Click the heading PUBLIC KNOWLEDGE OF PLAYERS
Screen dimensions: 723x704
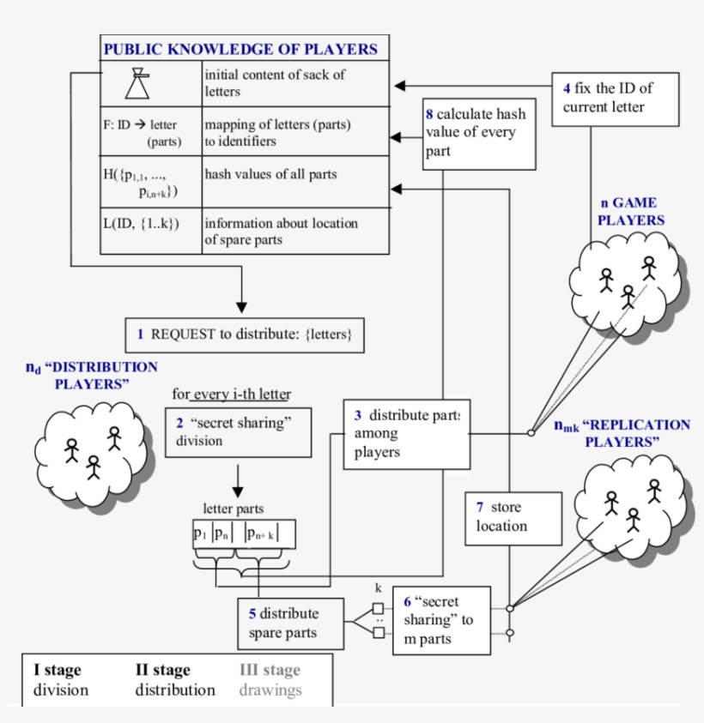[x=240, y=49]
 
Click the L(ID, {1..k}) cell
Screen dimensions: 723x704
[x=140, y=225]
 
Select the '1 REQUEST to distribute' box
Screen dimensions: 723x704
[x=245, y=334]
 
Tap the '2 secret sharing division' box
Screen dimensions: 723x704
[x=237, y=431]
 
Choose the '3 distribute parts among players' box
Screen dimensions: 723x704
[x=406, y=433]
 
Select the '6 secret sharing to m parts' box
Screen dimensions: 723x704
[x=440, y=620]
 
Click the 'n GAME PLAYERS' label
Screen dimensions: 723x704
[x=631, y=212]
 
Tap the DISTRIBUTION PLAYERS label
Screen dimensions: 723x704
[x=92, y=376]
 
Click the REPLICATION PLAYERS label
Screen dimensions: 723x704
[x=622, y=433]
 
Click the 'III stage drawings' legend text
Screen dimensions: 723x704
[x=270, y=680]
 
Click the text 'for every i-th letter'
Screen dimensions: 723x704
[x=231, y=395]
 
